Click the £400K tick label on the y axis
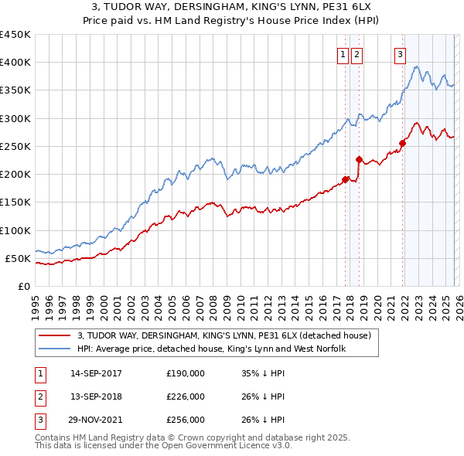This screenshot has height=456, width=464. click(x=15, y=63)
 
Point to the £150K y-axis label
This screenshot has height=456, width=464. click(x=15, y=202)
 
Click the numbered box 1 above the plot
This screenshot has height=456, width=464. click(x=343, y=54)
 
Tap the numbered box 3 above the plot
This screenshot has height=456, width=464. click(x=400, y=54)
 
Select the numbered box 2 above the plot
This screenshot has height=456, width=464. click(x=357, y=54)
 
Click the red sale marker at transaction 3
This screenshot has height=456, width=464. click(x=403, y=142)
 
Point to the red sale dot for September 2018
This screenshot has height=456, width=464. click(x=359, y=160)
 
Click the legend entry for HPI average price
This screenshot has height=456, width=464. click(x=211, y=349)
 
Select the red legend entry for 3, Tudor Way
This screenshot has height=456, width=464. click(x=224, y=335)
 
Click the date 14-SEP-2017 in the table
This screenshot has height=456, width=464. click(x=96, y=373)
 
